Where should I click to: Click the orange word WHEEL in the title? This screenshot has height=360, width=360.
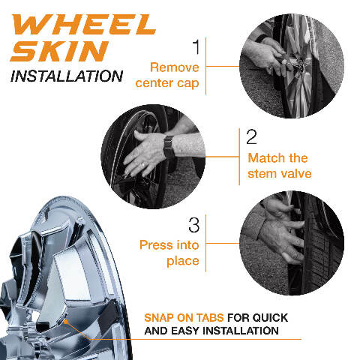84,24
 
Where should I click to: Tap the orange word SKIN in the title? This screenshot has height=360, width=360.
59,51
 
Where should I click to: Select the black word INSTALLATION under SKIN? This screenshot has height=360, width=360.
67,76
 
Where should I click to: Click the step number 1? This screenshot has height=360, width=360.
196,46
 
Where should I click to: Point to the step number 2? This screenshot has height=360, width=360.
251,136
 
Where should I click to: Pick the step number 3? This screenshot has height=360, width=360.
194,225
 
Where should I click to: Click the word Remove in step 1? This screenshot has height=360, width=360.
175,67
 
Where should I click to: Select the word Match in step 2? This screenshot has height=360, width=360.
266,157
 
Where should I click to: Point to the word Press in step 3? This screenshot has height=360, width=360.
156,244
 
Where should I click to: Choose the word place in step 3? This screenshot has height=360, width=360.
183,261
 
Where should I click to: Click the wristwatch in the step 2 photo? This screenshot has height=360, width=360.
169,147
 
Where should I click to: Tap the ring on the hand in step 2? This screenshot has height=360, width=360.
142,165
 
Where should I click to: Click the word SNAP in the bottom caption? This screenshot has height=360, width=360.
159,318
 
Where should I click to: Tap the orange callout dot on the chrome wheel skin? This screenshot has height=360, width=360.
66,322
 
